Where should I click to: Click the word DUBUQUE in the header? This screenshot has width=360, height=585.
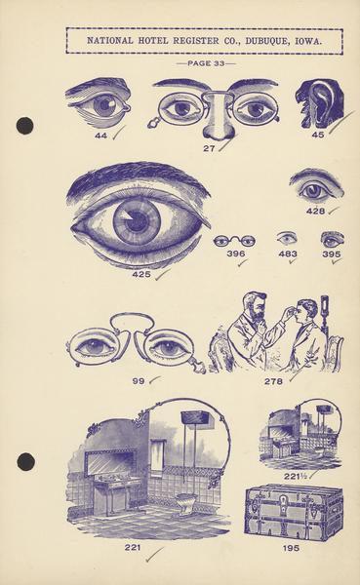pyautogui.click(x=266, y=41)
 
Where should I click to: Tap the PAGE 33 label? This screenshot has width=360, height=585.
pyautogui.click(x=206, y=63)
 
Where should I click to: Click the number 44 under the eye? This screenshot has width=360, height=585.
pyautogui.click(x=100, y=136)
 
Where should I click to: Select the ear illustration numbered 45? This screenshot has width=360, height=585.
pyautogui.click(x=320, y=104)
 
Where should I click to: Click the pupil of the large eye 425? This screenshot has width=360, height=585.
pyautogui.click(x=137, y=223)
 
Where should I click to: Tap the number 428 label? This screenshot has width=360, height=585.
pyautogui.click(x=315, y=211)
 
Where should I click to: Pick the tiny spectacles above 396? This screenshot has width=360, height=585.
pyautogui.click(x=235, y=241)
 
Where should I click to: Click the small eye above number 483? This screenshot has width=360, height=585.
pyautogui.click(x=287, y=238)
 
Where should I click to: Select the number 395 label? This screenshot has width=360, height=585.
pyautogui.click(x=332, y=254)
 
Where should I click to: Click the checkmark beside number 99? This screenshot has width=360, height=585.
pyautogui.click(x=154, y=380)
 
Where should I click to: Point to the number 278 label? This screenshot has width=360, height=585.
pyautogui.click(x=273, y=381)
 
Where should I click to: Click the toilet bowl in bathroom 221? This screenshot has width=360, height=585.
pyautogui.click(x=186, y=502)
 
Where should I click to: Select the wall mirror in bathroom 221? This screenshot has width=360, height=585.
pyautogui.click(x=111, y=462)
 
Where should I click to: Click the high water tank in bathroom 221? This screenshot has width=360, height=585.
pyautogui.click(x=197, y=420)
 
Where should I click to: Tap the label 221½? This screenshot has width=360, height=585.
pyautogui.click(x=295, y=476)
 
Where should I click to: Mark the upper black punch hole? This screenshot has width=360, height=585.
pyautogui.click(x=25, y=126)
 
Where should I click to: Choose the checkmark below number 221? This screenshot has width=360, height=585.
pyautogui.click(x=154, y=555)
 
